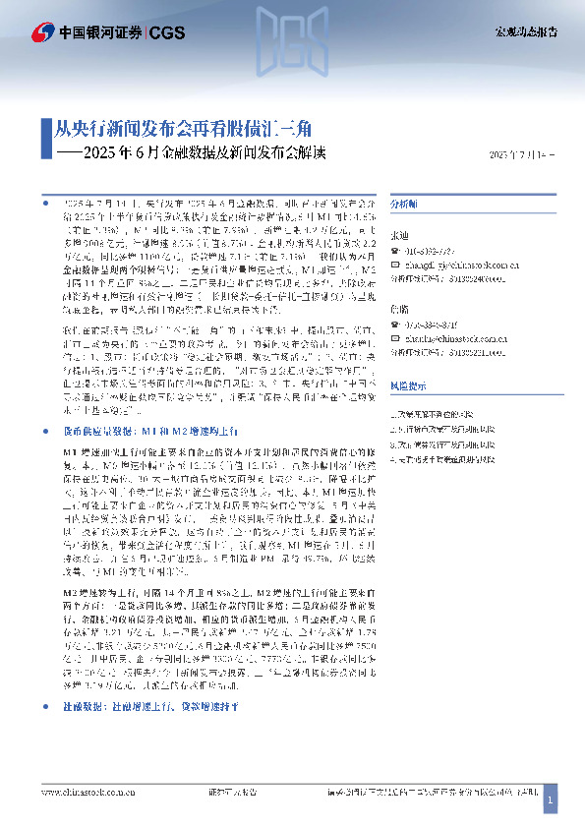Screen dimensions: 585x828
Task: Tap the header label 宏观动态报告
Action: tap(525, 31)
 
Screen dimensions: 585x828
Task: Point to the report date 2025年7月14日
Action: tap(522, 155)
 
